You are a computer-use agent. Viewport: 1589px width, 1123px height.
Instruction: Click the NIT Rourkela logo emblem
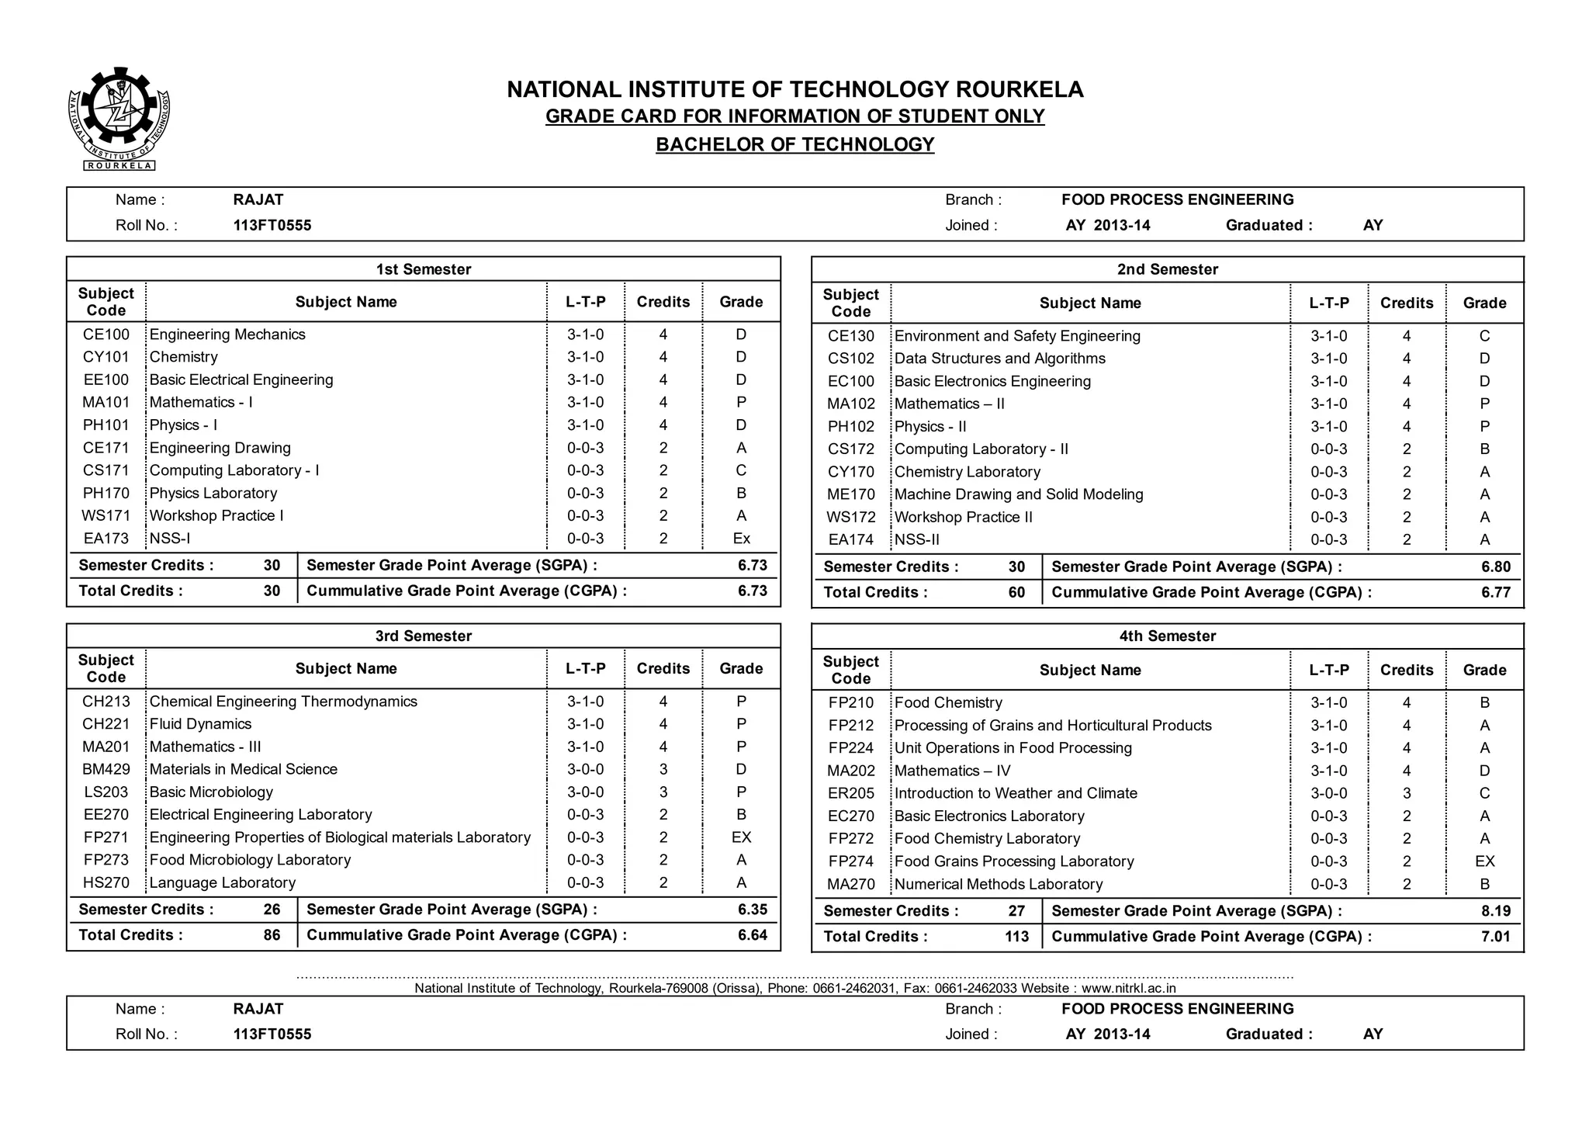pyautogui.click(x=119, y=118)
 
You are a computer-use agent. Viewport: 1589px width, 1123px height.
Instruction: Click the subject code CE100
pyautogui.click(x=106, y=334)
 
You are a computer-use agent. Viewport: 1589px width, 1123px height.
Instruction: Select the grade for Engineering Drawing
pyautogui.click(x=741, y=448)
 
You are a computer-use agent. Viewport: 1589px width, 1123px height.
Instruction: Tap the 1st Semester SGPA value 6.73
pyautogui.click(x=752, y=565)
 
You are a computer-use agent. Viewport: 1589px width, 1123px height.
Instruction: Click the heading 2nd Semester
pyautogui.click(x=1167, y=269)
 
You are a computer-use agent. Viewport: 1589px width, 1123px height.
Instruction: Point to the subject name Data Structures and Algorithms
pyautogui.click(x=999, y=359)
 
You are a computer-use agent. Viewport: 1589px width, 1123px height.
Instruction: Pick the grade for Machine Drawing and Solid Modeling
pyautogui.click(x=1483, y=494)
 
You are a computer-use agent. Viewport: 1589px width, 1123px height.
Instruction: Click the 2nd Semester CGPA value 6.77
pyautogui.click(x=1495, y=592)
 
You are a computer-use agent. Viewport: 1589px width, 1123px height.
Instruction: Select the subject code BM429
pyautogui.click(x=106, y=769)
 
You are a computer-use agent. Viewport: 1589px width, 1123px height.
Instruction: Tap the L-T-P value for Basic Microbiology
pyautogui.click(x=585, y=792)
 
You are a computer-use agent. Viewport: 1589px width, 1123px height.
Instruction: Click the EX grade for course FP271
pyautogui.click(x=741, y=837)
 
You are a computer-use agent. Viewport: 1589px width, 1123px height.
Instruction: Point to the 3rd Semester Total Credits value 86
pyautogui.click(x=272, y=934)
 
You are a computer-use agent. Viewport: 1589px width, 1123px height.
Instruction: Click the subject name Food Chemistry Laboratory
pyautogui.click(x=987, y=838)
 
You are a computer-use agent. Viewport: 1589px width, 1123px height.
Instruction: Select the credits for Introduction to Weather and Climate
pyautogui.click(x=1406, y=793)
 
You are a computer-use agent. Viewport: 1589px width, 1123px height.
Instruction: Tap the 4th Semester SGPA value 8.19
pyautogui.click(x=1495, y=910)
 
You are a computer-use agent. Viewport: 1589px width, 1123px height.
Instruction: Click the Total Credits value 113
pyautogui.click(x=1016, y=936)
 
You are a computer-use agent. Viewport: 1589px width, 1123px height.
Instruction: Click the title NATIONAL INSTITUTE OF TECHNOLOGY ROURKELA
pyautogui.click(x=794, y=89)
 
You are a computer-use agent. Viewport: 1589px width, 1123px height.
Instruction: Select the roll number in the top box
pyautogui.click(x=272, y=225)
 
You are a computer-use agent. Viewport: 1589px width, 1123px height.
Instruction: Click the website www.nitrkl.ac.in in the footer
pyautogui.click(x=1128, y=988)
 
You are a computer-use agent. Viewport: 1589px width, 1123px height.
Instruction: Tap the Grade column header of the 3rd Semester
pyautogui.click(x=741, y=668)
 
